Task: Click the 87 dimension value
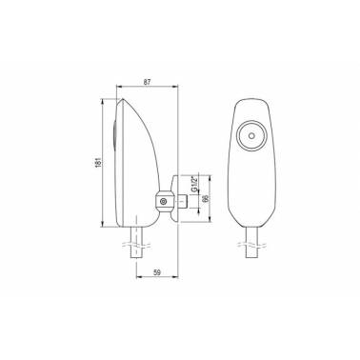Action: [147, 82]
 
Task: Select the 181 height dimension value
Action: [98, 162]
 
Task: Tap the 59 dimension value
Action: [157, 272]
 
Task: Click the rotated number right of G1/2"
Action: [206, 198]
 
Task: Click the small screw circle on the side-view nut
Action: [164, 201]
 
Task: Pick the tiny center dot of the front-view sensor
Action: [251, 135]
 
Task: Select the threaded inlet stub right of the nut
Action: [182, 201]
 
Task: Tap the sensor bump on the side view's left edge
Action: [114, 135]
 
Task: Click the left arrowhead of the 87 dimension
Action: [119, 86]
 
